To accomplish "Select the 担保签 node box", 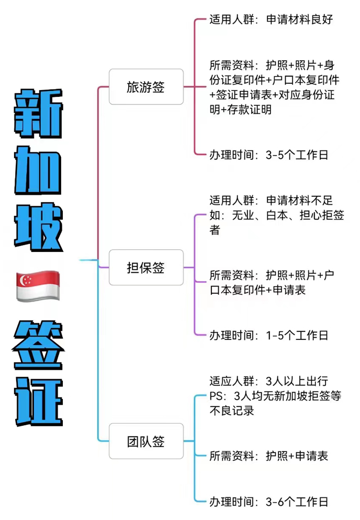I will tap(145, 268).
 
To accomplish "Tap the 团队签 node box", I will tap(145, 441).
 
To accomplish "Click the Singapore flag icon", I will tap(38, 286).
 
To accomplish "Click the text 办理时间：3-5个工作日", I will tap(268, 155).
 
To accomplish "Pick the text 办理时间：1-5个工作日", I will tap(268, 335).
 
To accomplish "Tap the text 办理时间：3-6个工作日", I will tap(268, 502).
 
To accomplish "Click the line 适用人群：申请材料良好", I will tap(271, 20).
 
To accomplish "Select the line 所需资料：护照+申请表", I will tap(268, 456).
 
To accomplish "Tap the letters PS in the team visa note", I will tap(217, 396).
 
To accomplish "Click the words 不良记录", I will tap(232, 411).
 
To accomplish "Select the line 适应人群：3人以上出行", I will tap(268, 381).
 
